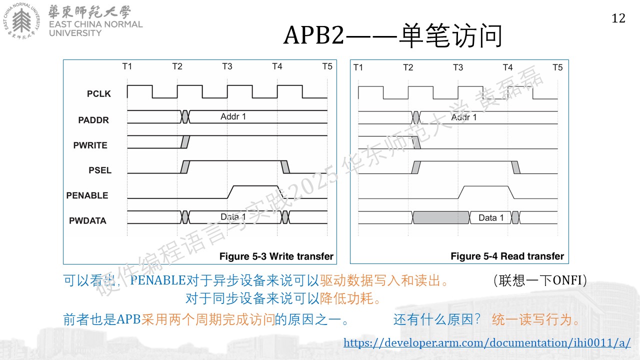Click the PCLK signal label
pos(99,93)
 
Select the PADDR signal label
pos(93,120)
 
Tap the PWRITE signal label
pos(90,145)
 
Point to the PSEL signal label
pos(100,170)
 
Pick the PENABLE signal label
pos(87,195)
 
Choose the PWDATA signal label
pos(87,220)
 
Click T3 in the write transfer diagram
pos(227,66)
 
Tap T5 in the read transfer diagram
pos(557,67)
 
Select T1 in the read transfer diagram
pos(358,67)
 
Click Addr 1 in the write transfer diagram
pos(233,116)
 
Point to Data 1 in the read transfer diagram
pos(491,217)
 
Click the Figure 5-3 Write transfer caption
pos(276,256)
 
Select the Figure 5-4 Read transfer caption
pos(507,256)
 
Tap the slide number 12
pos(618,18)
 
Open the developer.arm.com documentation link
pos(487,342)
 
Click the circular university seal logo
pos(21,21)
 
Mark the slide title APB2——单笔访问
pos(392,35)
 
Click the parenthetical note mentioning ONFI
pos(540,280)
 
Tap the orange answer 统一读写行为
pos(535,319)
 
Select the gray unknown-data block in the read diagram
pos(441,217)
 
